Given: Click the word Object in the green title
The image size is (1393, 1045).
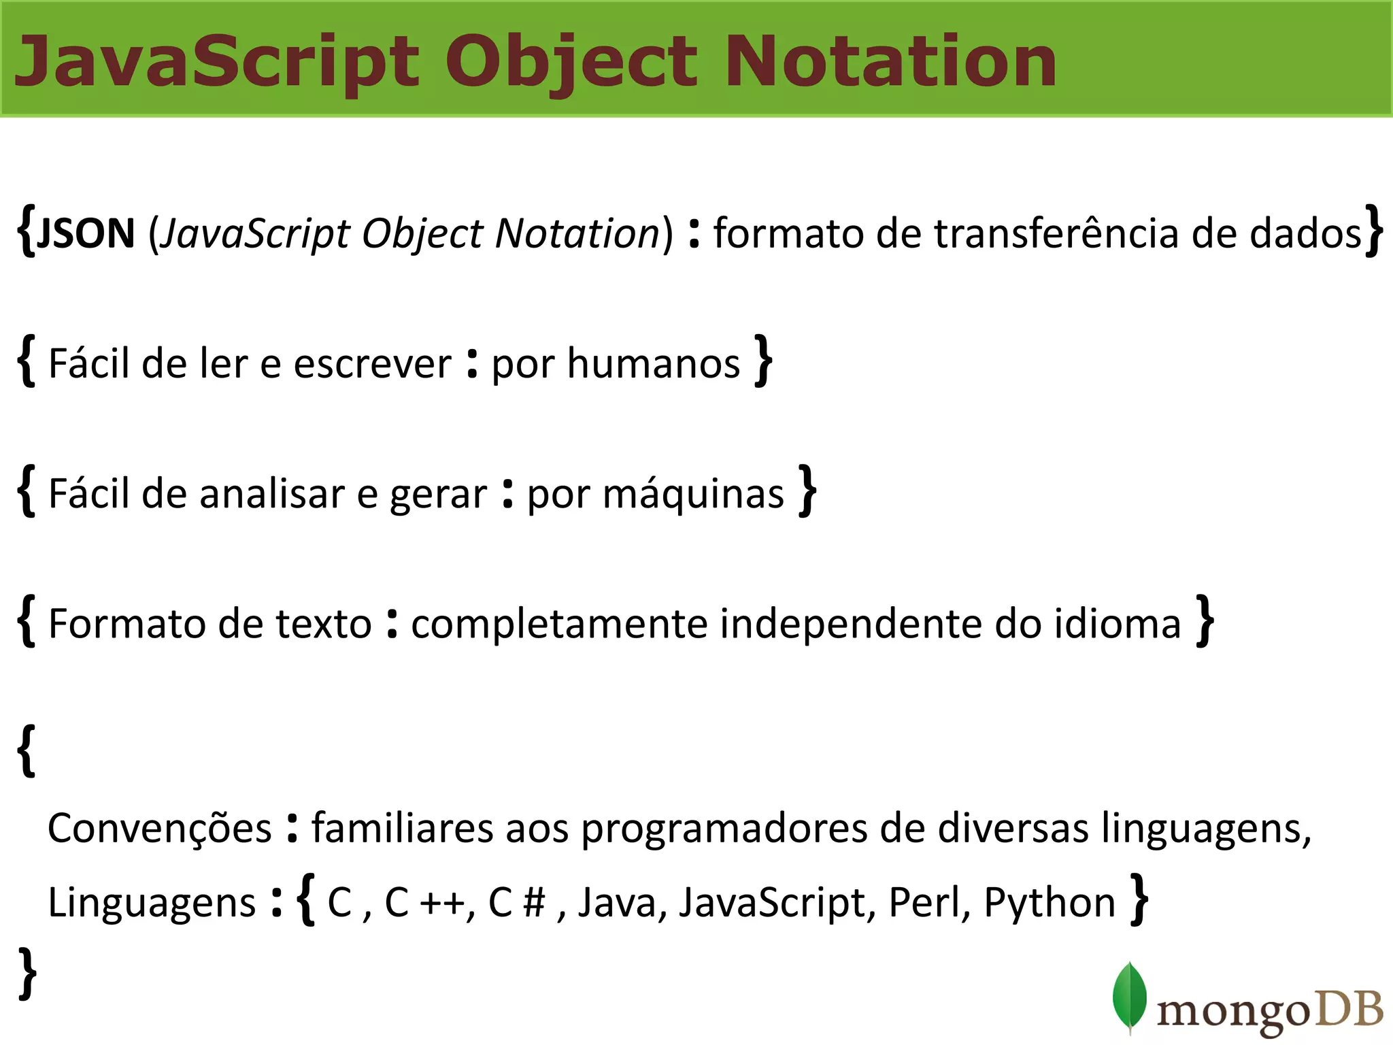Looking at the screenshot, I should point(571,63).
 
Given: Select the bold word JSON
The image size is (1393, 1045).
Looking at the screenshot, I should point(86,233).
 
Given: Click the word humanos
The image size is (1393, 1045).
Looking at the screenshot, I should point(653,364).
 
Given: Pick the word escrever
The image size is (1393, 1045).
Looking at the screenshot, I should point(372,364).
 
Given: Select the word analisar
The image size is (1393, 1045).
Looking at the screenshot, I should point(272,494).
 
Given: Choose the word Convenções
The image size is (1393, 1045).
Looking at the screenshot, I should point(160,829).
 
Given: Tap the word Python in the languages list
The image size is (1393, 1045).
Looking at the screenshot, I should point(1050,903).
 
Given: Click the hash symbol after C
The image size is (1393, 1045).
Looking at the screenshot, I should point(535,903).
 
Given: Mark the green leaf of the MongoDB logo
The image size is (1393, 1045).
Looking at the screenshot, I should point(1129,996).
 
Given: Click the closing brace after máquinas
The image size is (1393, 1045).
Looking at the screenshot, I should point(807,491).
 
